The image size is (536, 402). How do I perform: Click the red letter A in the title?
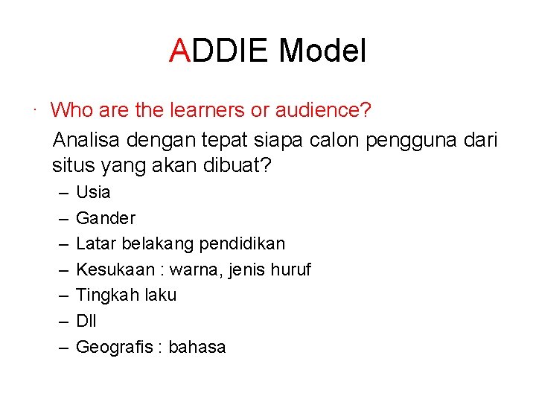point(180,51)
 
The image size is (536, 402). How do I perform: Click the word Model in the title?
point(322,51)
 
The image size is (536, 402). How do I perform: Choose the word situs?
point(71,165)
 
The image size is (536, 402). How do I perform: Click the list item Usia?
point(93,192)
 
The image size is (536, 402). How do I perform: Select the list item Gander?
point(106,218)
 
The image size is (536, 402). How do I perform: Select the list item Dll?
point(86,321)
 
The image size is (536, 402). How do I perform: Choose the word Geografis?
point(114,347)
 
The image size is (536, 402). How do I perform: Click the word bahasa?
point(197,347)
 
